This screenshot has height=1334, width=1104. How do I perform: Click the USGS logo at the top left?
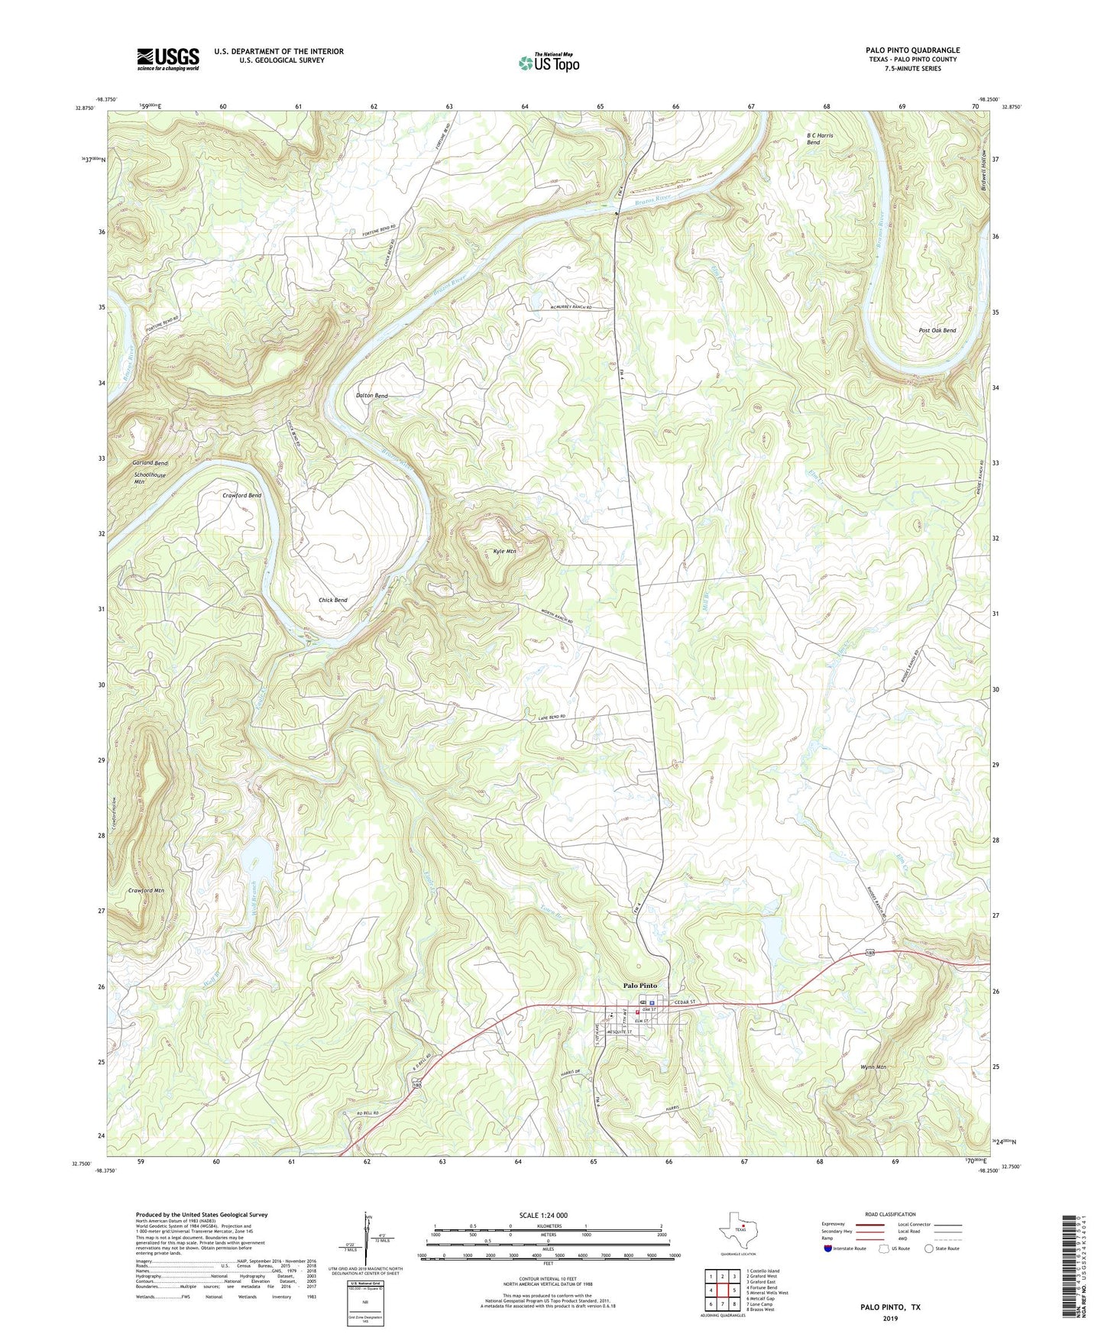(168, 59)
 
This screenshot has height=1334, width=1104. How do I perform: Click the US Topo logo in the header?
(549, 63)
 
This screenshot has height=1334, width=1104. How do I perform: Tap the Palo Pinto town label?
(639, 986)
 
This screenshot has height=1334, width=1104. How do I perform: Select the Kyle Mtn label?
(504, 551)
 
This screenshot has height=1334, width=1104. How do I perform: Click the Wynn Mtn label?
(872, 1067)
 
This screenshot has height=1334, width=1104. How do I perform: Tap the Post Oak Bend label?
(937, 331)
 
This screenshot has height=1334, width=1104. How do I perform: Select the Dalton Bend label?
(372, 396)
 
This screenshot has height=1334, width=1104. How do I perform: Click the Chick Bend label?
(332, 601)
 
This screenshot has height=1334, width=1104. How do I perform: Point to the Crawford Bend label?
(241, 496)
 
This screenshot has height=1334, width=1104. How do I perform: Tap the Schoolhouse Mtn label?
(149, 478)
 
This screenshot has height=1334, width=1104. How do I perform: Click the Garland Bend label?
(150, 464)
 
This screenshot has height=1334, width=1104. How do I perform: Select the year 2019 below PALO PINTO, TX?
(889, 1319)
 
